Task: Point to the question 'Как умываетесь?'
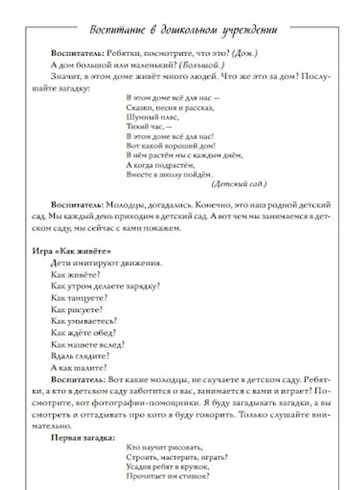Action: (84, 321)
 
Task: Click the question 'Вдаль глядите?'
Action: (80, 356)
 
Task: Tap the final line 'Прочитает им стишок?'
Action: (167, 476)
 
